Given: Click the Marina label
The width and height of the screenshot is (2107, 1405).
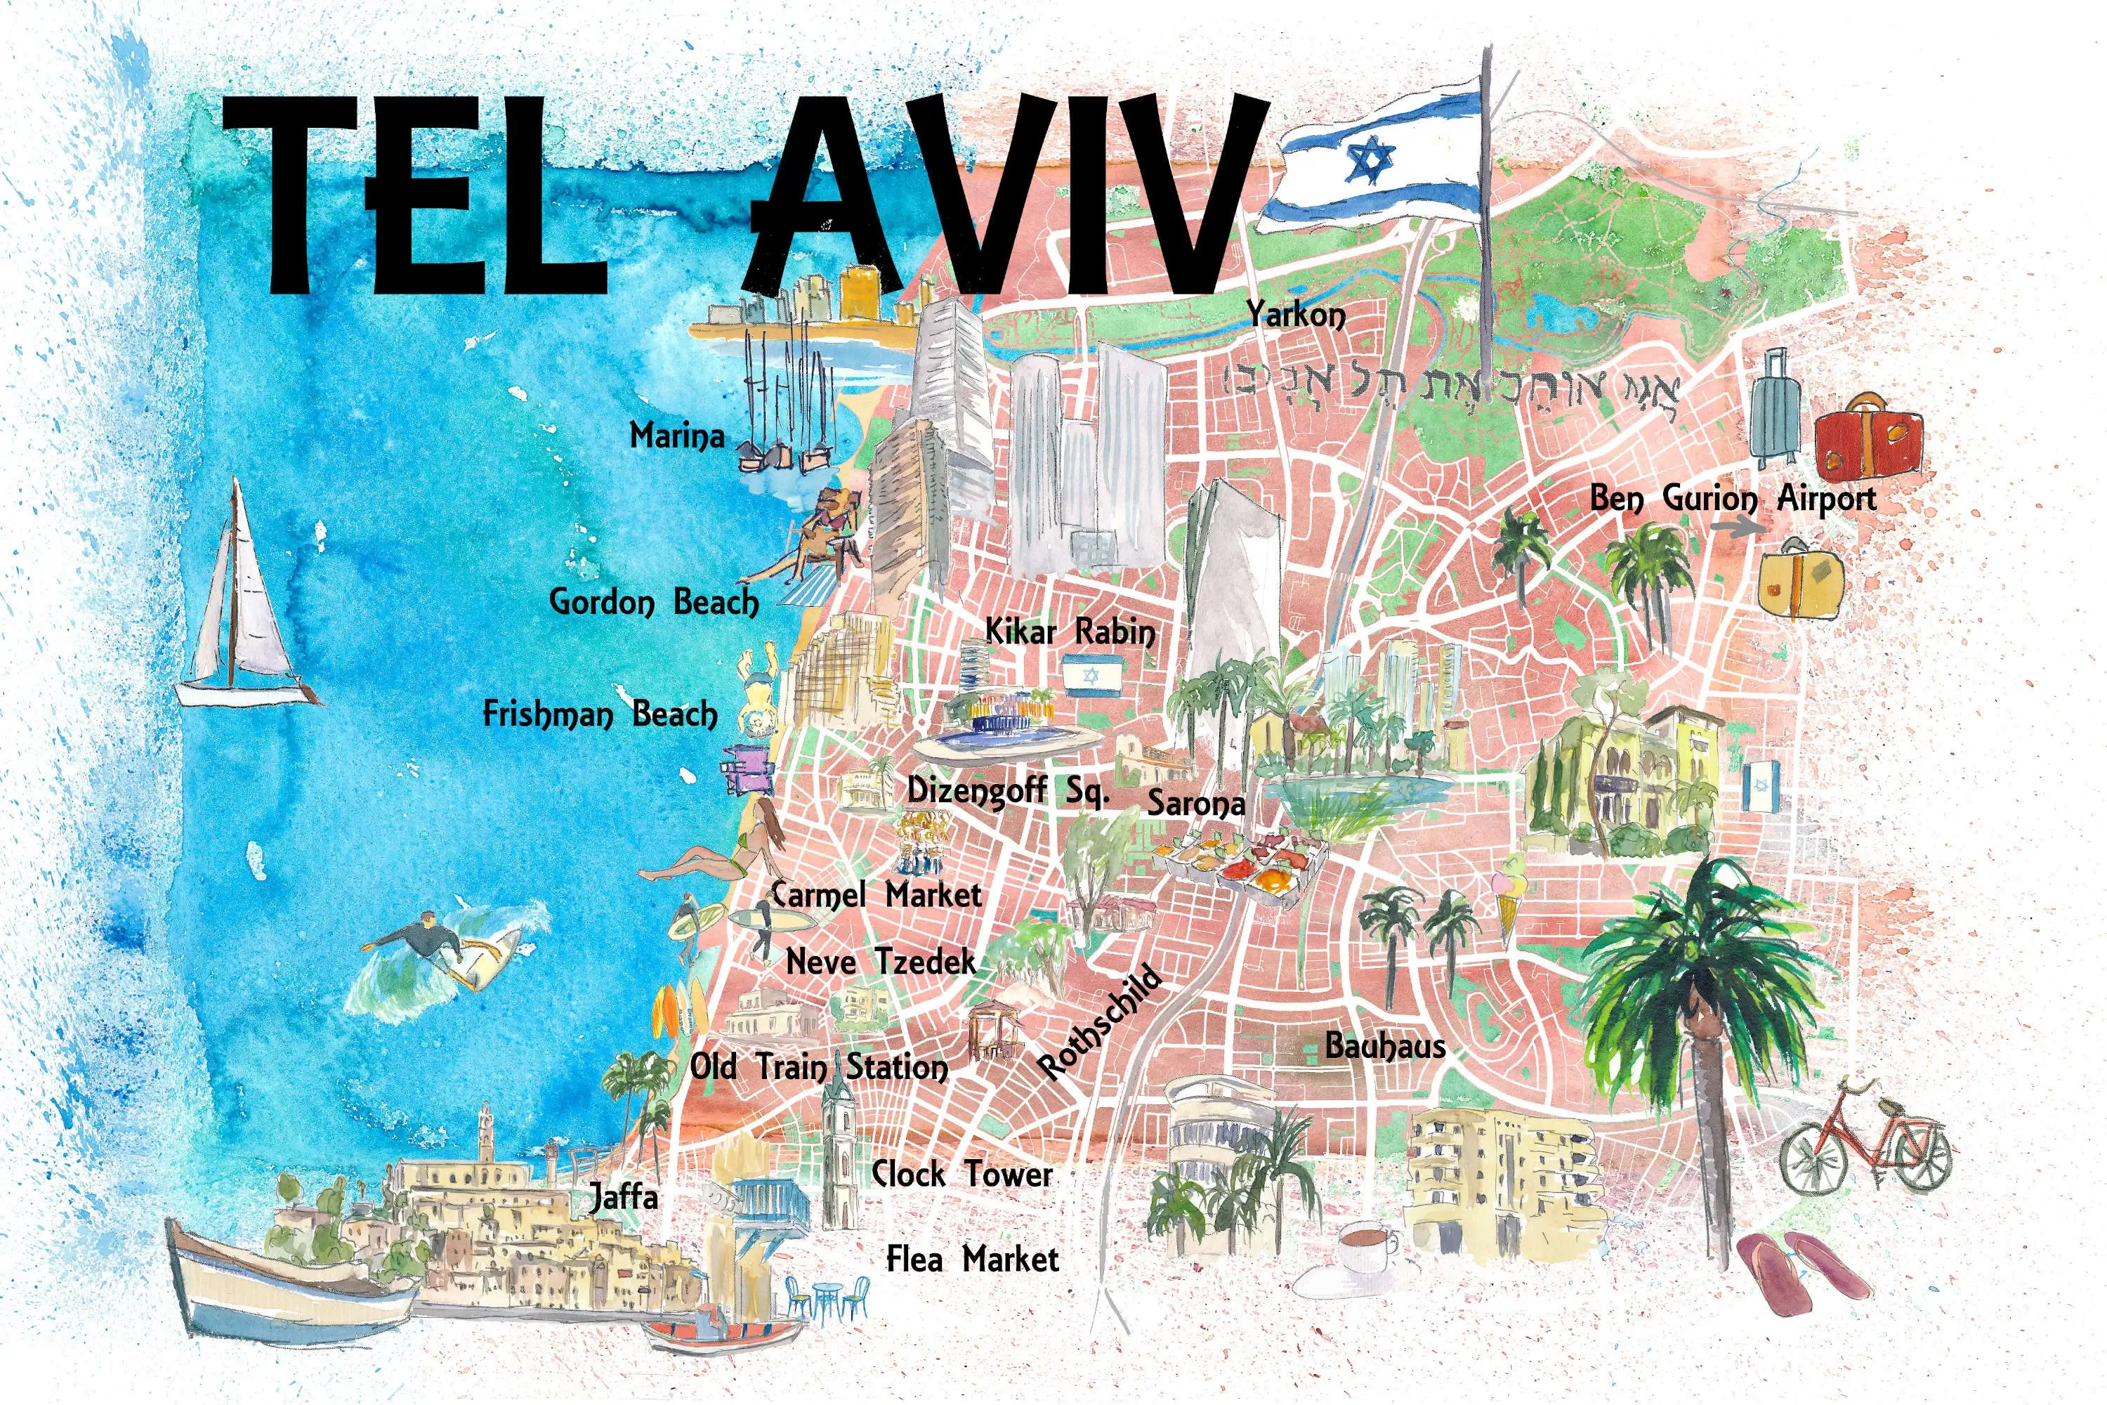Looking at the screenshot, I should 676,436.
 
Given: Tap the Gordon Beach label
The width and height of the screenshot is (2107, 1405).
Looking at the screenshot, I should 654,602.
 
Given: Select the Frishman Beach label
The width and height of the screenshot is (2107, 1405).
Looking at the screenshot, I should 600,715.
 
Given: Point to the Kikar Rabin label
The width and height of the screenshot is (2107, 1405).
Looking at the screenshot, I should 1070,633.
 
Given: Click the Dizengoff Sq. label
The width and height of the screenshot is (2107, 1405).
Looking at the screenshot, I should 1008,791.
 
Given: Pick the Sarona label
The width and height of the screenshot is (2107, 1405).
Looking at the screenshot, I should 1196,804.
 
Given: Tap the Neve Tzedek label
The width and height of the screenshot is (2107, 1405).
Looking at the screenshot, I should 881,962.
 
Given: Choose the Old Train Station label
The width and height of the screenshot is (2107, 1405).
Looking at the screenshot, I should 818,1067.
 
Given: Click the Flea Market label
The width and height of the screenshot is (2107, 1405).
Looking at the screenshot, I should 972,1259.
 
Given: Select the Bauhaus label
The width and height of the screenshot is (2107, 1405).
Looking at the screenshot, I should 1385,1046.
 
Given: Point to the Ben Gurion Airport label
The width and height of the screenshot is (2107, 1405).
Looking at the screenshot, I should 1733,498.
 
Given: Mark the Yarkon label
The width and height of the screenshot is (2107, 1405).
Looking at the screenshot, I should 1297,315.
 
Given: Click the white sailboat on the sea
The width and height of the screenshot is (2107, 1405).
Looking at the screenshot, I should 240,609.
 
